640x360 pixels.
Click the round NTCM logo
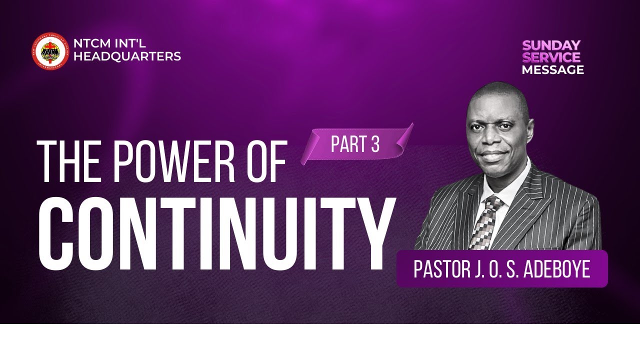(50, 50)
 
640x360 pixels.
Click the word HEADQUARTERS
(127, 57)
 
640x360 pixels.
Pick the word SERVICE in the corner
(551, 57)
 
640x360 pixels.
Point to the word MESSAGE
(552, 70)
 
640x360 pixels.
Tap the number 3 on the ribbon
(375, 144)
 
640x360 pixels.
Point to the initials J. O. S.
(500, 269)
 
